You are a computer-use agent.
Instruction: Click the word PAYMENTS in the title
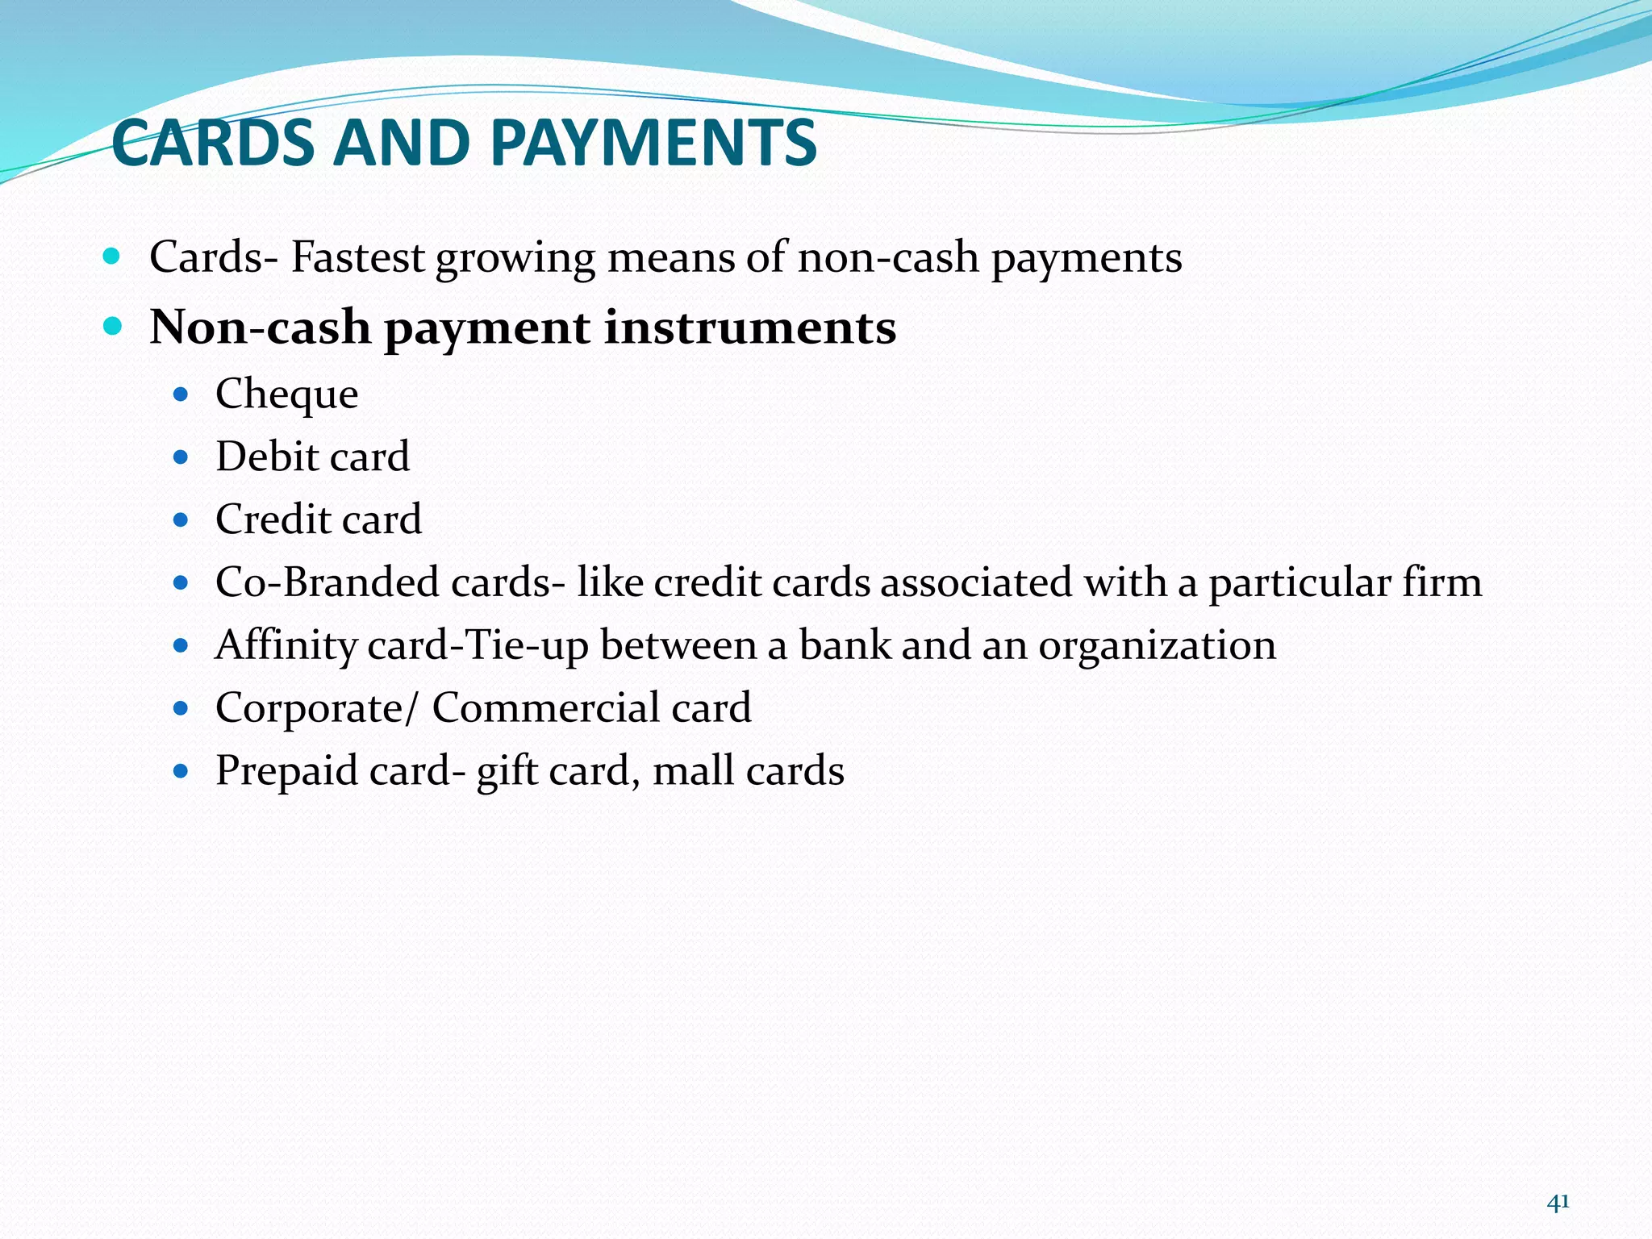pyautogui.click(x=653, y=143)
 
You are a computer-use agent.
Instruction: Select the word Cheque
pyautogui.click(x=286, y=394)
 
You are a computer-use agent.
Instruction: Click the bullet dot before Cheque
pyautogui.click(x=181, y=394)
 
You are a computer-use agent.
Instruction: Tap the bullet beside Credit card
pyautogui.click(x=181, y=519)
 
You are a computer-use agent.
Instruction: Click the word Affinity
pyautogui.click(x=286, y=645)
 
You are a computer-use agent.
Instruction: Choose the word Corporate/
pyautogui.click(x=317, y=708)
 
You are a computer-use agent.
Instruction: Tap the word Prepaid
pyautogui.click(x=286, y=771)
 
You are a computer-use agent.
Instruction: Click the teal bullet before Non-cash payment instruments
pyautogui.click(x=112, y=327)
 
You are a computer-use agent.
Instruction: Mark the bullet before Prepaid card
pyautogui.click(x=181, y=771)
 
